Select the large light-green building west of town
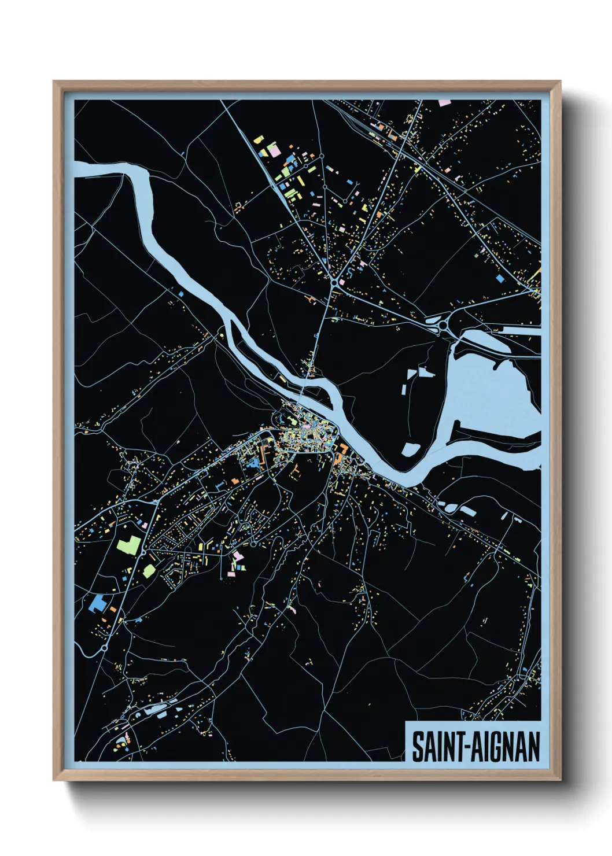[x=129, y=545]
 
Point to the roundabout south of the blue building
[x=104, y=648]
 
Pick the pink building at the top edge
[x=444, y=103]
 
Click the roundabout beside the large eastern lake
[x=443, y=327]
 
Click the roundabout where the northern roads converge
[x=335, y=282]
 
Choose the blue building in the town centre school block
[x=253, y=463]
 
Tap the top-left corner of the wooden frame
[x=55, y=82]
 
